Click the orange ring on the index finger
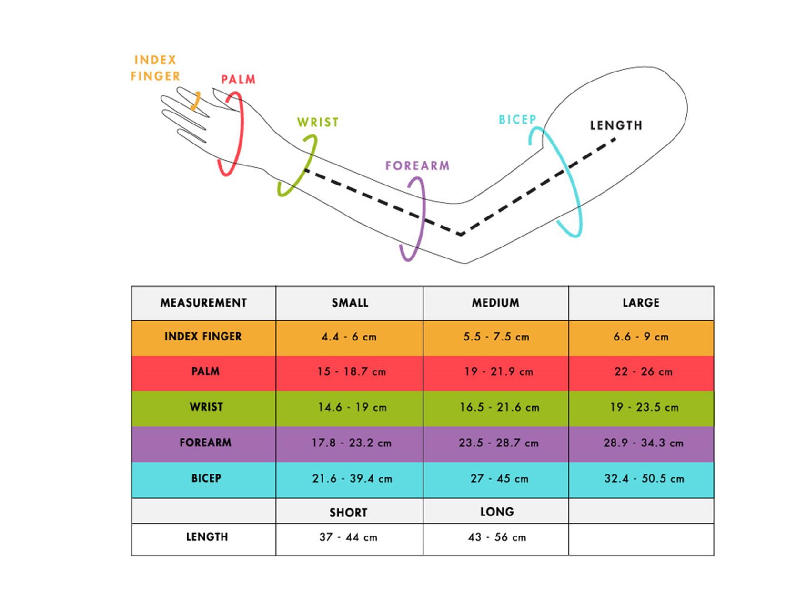[x=195, y=101]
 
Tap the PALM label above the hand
[x=238, y=80]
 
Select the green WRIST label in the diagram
[x=318, y=123]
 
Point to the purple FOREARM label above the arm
[x=417, y=166]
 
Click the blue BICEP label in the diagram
[x=517, y=120]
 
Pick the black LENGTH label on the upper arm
[x=616, y=125]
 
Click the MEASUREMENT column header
[x=203, y=303]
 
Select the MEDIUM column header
[x=495, y=303]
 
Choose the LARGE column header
[x=641, y=303]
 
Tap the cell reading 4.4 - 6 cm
[x=349, y=337]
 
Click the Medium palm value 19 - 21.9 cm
[x=498, y=372]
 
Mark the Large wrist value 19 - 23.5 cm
[x=644, y=407]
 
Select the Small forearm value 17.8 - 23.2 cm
[x=352, y=443]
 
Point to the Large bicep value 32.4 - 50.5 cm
[x=644, y=478]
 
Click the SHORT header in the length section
[x=348, y=513]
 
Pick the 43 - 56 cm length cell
[x=497, y=537]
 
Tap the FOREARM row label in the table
[x=205, y=443]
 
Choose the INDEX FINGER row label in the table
[x=203, y=337]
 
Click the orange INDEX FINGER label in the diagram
[x=155, y=68]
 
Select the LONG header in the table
[x=497, y=512]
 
